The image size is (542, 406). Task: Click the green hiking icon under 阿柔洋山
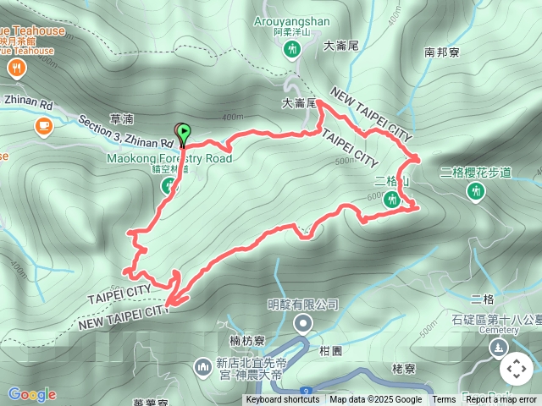click(292, 51)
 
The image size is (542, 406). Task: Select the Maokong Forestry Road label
click(169, 158)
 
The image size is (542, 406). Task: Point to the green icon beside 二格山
click(392, 200)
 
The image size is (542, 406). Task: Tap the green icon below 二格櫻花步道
click(476, 192)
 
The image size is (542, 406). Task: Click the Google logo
click(32, 394)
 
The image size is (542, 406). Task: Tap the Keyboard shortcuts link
click(283, 400)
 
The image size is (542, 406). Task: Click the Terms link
click(444, 400)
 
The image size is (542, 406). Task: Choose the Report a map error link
click(501, 400)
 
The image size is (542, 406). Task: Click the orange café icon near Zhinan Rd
click(43, 126)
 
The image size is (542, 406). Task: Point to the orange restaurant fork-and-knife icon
click(14, 67)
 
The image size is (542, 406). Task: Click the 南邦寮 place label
click(441, 52)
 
